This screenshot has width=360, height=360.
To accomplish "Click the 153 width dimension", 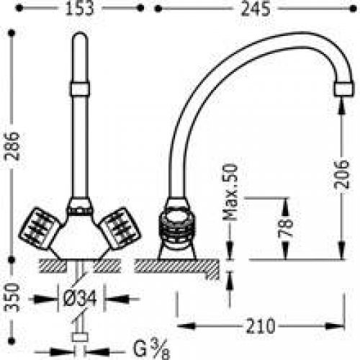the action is [79, 9].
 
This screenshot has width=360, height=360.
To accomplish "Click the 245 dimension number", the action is [256, 9].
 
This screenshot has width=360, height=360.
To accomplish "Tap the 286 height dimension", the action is [12, 146].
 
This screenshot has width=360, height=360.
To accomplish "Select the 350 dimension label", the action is [12, 297].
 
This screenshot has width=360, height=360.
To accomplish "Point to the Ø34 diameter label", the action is [80, 298].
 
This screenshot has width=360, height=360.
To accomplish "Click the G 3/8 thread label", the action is [152, 350].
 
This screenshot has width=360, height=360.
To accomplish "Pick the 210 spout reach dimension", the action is [261, 326].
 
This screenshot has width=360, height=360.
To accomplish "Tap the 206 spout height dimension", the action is [342, 174].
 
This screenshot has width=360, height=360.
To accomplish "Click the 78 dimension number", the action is [286, 228].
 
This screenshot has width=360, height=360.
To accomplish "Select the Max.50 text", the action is [230, 192].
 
